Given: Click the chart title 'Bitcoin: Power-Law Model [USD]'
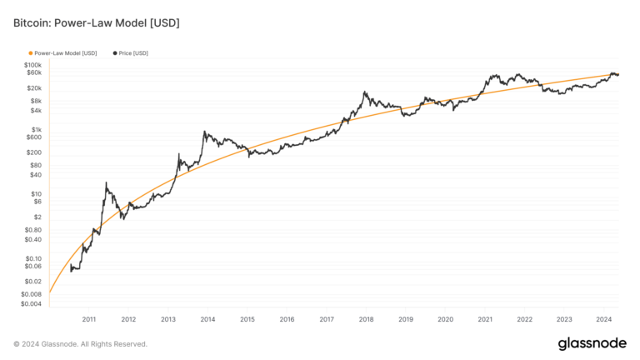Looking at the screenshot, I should [96, 22].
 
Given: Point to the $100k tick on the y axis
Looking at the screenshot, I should [32, 65].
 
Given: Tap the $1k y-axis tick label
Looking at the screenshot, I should [37, 130].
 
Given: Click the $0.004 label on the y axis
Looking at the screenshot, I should [31, 303].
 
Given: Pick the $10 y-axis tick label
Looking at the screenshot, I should [36, 194].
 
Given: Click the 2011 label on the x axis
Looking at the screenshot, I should [89, 319].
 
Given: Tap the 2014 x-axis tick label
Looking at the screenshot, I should [207, 319].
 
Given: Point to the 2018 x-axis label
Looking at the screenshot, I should [366, 319].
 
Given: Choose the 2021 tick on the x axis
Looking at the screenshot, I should [485, 319].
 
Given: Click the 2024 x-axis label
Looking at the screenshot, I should [603, 319].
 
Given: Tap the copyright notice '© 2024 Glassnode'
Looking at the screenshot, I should [80, 343].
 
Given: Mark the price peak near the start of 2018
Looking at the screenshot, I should [365, 92].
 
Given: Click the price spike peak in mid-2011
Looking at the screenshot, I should [106, 182].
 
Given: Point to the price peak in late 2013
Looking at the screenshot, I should [203, 131].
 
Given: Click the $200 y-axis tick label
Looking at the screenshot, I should [34, 152].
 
